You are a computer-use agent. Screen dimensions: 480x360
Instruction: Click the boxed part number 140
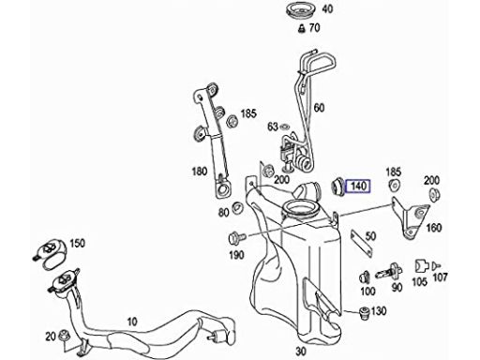tap(358, 186)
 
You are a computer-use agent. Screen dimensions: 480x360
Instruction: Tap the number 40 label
tap(327, 9)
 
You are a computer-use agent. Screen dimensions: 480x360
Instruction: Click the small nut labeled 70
tap(302, 28)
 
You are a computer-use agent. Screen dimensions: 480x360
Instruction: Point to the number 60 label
tap(319, 108)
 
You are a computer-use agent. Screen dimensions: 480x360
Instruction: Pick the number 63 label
tap(273, 127)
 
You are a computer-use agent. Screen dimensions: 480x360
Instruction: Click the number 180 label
tap(200, 172)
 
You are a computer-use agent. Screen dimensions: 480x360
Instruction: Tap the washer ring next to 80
tap(238, 208)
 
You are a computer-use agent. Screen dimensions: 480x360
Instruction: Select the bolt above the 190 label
tap(237, 239)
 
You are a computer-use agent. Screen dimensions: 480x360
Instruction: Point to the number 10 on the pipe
tap(132, 322)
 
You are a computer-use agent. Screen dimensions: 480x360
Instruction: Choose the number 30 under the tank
tap(300, 352)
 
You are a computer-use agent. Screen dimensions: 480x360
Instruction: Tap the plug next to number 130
tap(364, 313)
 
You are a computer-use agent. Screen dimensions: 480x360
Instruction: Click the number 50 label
tap(370, 236)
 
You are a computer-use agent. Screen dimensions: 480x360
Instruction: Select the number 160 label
tap(434, 228)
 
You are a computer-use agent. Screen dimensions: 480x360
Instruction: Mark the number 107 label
tap(441, 277)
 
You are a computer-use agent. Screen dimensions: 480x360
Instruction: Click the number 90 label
tap(397, 287)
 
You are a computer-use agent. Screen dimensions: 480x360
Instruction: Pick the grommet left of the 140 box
tap(337, 187)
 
